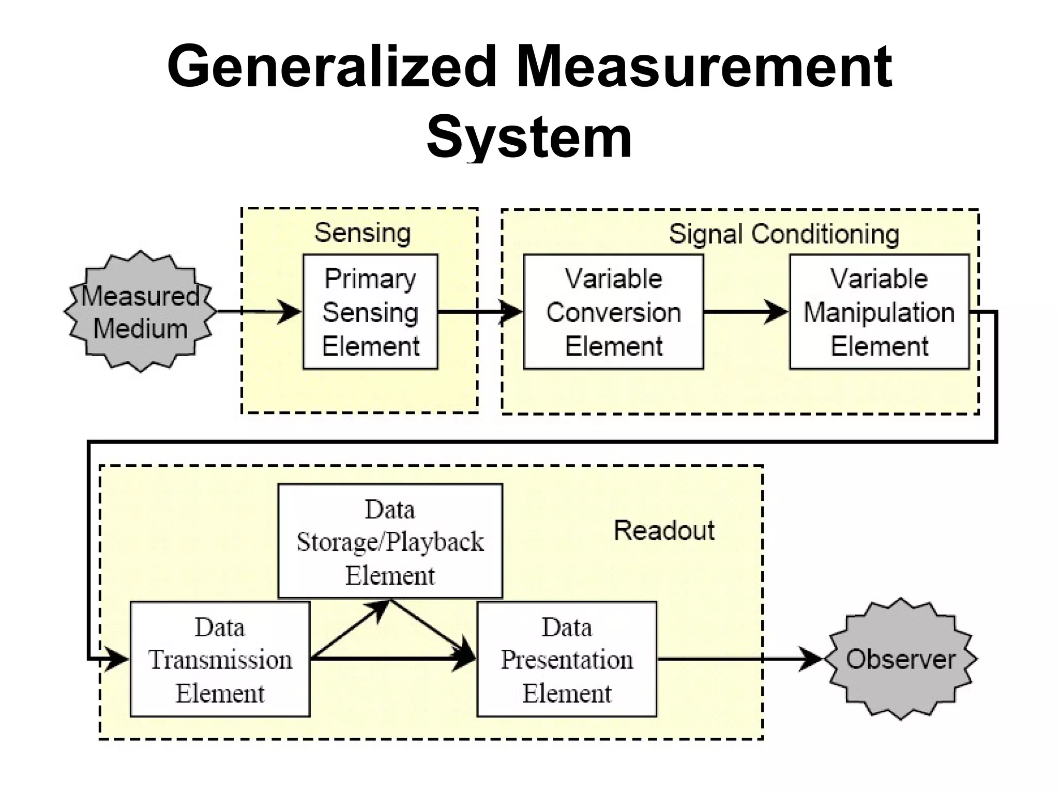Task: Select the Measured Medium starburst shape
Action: (x=140, y=312)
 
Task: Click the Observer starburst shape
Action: (x=900, y=659)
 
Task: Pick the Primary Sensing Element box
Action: (x=370, y=312)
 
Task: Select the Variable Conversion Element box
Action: (x=613, y=312)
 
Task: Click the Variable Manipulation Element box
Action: (x=879, y=312)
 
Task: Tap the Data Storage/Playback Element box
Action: (x=390, y=541)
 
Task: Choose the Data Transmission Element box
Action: (x=220, y=659)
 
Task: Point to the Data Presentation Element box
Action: (x=567, y=659)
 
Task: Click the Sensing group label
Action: (x=362, y=233)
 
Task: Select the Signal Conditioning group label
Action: (x=784, y=234)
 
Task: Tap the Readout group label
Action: (x=664, y=530)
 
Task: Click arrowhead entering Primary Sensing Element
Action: (x=291, y=312)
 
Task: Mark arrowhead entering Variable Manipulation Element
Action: (x=777, y=312)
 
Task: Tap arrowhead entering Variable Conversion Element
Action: (x=512, y=312)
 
